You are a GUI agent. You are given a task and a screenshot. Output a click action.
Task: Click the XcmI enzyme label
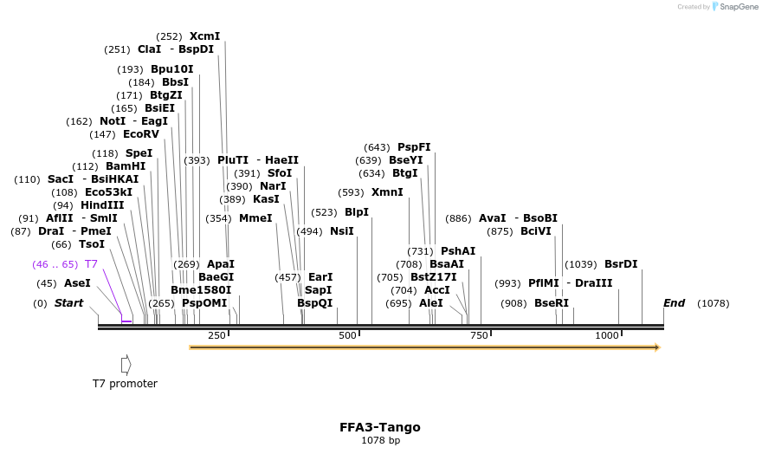pyautogui.click(x=204, y=36)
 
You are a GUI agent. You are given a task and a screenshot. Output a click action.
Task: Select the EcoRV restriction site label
pyautogui.click(x=141, y=134)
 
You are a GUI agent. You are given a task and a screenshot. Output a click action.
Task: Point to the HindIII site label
pyautogui.click(x=102, y=205)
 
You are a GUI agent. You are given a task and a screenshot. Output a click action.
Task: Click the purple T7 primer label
pyautogui.click(x=91, y=264)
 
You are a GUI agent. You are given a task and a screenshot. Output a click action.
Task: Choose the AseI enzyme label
pyautogui.click(x=77, y=283)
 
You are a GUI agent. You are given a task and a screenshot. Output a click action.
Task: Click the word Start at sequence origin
pyautogui.click(x=69, y=303)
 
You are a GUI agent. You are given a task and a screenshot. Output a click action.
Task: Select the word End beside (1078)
pyautogui.click(x=674, y=303)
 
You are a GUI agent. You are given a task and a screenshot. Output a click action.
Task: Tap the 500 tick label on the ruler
pyautogui.click(x=347, y=335)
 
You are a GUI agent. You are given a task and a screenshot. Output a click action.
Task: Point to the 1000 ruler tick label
pyautogui.click(x=607, y=335)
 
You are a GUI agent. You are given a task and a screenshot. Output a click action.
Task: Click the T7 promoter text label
pyautogui.click(x=126, y=383)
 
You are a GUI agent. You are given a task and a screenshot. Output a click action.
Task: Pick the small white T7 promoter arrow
pyautogui.click(x=126, y=364)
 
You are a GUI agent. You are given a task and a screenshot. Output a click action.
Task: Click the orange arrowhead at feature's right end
pyautogui.click(x=657, y=347)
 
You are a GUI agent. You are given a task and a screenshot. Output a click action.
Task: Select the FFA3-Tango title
pyautogui.click(x=380, y=427)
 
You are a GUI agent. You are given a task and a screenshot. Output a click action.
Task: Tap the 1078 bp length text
pyautogui.click(x=380, y=440)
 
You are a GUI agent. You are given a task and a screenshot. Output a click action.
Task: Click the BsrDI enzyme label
pyautogui.click(x=621, y=264)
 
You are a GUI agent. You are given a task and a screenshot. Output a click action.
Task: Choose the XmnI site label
pyautogui.click(x=387, y=192)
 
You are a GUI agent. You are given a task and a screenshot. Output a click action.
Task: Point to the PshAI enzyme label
pyautogui.click(x=458, y=251)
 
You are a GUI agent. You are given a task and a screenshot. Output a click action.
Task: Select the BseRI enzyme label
pyautogui.click(x=552, y=303)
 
